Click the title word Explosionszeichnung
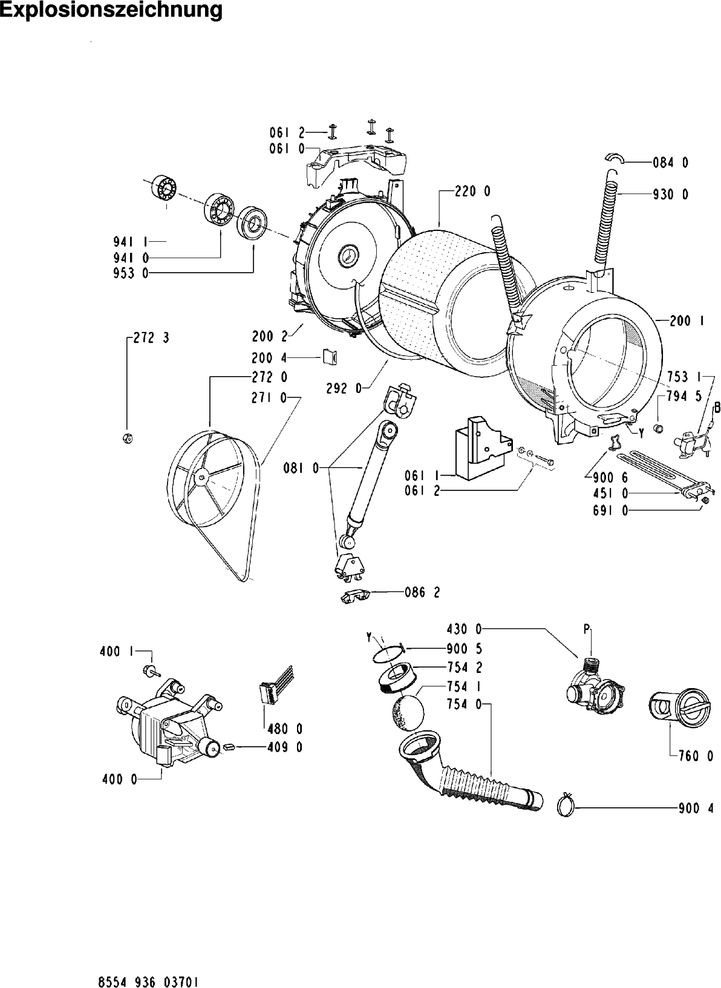tap(112, 10)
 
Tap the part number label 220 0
tap(473, 192)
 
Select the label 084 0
tap(671, 163)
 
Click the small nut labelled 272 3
tap(128, 438)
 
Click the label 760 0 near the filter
tap(696, 756)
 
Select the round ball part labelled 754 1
tap(408, 713)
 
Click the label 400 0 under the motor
tap(120, 779)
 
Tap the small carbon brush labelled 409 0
tap(229, 746)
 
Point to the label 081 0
tap(301, 468)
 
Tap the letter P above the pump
tap(587, 629)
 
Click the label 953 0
tap(131, 273)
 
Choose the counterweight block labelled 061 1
tap(483, 447)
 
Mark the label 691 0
tap(610, 511)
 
